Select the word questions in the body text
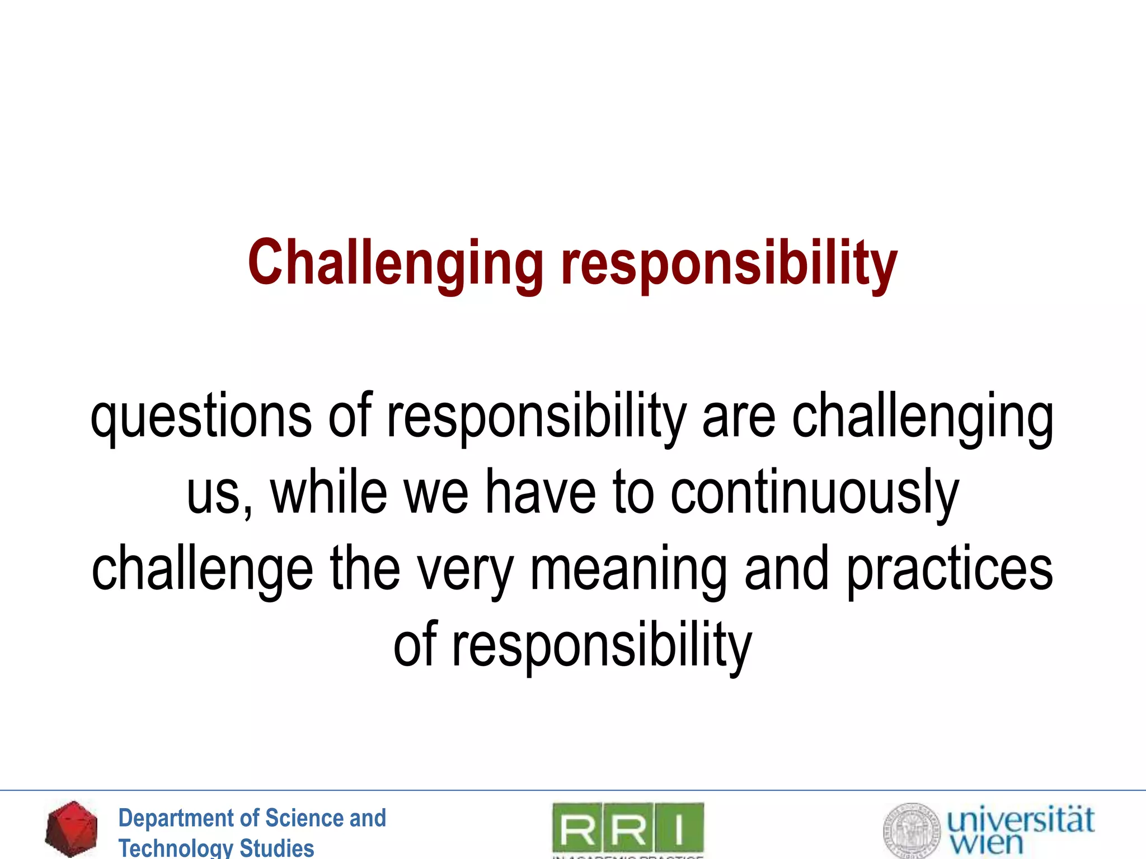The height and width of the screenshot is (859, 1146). point(201,417)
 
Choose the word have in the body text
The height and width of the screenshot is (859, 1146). point(540,492)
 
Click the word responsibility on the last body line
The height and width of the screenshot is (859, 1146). point(602,645)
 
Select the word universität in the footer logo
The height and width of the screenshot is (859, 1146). point(1020,819)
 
